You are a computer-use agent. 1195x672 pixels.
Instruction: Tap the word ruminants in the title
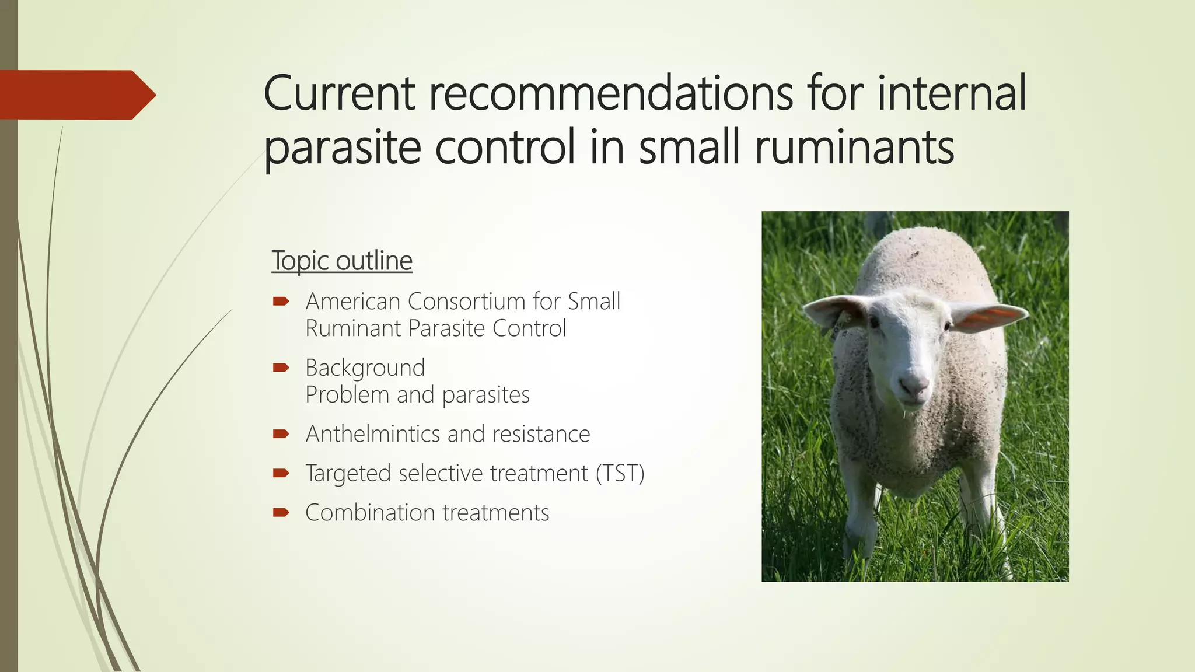click(x=854, y=147)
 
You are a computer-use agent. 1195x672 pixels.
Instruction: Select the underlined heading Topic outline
click(x=342, y=261)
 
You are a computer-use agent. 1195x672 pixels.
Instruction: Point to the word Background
click(x=365, y=368)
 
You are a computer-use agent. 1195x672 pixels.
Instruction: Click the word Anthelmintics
click(x=373, y=434)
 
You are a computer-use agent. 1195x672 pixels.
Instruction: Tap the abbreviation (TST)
click(x=620, y=473)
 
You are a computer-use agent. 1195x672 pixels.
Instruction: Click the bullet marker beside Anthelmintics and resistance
click(x=281, y=433)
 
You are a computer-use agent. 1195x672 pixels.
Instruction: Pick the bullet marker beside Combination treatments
click(x=281, y=512)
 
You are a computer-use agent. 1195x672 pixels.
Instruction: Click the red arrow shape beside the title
click(x=76, y=94)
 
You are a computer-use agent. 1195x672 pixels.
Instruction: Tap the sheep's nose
click(x=913, y=384)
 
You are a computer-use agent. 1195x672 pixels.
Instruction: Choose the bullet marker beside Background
click(x=281, y=367)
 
